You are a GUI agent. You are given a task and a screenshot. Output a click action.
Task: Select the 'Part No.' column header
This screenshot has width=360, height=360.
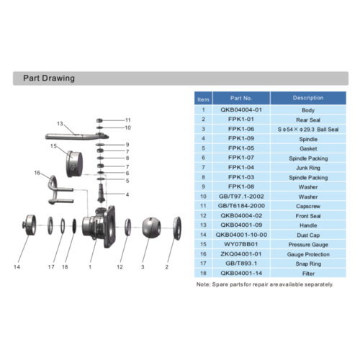pos(240,98)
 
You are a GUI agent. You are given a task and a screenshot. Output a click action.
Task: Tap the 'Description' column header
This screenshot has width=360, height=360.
pos(307,98)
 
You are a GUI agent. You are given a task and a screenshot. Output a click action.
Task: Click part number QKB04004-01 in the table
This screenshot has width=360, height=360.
pos(240,109)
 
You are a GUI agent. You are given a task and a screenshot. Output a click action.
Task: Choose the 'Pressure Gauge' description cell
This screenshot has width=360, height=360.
pos(307,244)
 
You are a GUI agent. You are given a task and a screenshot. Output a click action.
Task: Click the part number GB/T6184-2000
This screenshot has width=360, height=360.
pos(240,205)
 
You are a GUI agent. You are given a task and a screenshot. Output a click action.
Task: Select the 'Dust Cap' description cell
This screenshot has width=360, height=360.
pos(307,234)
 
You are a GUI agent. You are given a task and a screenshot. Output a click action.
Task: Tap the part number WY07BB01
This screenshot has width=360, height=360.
pos(240,244)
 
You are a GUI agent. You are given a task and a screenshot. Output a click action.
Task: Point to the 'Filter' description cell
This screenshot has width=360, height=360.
pos(307,273)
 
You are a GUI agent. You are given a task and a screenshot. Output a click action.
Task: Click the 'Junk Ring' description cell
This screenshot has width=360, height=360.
pos(307,167)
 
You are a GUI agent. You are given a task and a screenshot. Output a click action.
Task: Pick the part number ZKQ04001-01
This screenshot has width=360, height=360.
pos(240,253)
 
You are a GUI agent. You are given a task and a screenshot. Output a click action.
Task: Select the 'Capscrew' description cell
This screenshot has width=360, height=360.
pos(307,205)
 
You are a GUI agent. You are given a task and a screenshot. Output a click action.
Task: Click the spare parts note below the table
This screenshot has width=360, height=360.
pos(264,284)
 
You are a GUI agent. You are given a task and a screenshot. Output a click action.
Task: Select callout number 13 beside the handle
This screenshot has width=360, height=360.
pos(60,123)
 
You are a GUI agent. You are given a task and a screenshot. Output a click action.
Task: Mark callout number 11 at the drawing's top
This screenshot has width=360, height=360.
pos(128,120)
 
